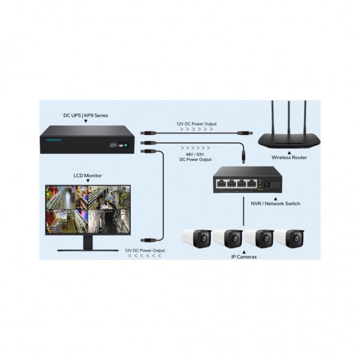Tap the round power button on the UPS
tap(127, 144)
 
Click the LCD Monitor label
tap(87, 176)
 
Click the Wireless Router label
tap(289, 158)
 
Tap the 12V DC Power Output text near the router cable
tap(196, 124)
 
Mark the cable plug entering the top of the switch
tap(243, 157)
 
